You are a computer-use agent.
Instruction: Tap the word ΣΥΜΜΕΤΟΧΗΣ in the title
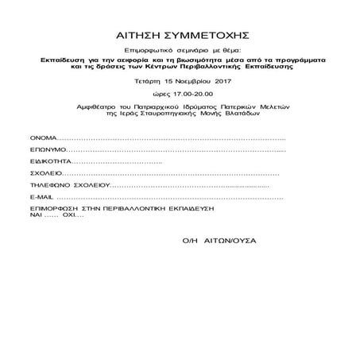pos(203,36)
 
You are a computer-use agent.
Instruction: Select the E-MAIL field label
pos(42,195)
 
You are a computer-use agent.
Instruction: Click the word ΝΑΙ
pos(36,214)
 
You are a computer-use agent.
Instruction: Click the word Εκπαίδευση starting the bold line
pos(62,60)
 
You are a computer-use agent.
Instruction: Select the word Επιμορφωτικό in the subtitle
pos(137,49)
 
